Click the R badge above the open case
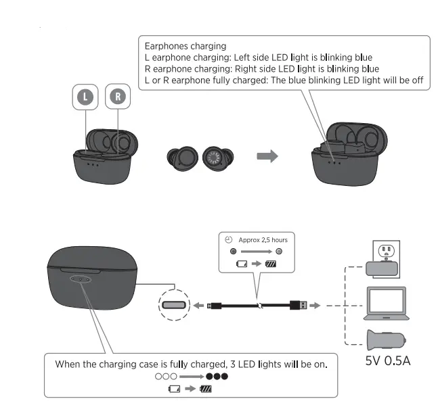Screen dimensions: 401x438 coord(118,97)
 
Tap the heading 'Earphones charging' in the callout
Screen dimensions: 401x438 coord(185,46)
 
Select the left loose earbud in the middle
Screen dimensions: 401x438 coord(181,157)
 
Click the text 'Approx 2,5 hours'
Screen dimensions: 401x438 coord(263,240)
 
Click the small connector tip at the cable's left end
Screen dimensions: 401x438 coord(213,306)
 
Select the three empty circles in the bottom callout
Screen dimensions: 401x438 coord(166,376)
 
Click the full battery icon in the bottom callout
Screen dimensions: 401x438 coord(206,389)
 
